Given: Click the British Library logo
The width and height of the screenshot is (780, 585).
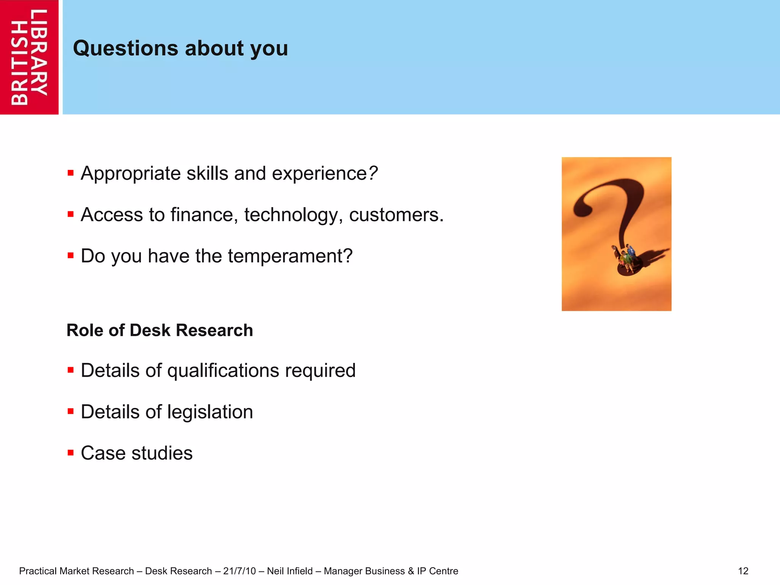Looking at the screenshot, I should [x=29, y=57].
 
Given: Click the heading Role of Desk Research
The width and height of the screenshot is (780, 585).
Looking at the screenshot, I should [x=160, y=330].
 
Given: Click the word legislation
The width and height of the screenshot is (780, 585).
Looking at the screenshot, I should [x=210, y=412].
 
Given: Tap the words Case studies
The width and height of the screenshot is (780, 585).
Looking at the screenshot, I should [x=137, y=453].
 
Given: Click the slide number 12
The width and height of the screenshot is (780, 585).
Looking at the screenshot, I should [x=743, y=571].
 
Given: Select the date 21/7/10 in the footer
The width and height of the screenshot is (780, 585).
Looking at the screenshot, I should [x=239, y=571].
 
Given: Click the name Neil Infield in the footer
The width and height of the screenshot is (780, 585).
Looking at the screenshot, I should [x=289, y=571].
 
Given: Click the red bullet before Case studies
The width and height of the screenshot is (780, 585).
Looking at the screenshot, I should [x=70, y=453].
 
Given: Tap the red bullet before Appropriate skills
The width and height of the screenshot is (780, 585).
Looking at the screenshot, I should [x=70, y=173].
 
